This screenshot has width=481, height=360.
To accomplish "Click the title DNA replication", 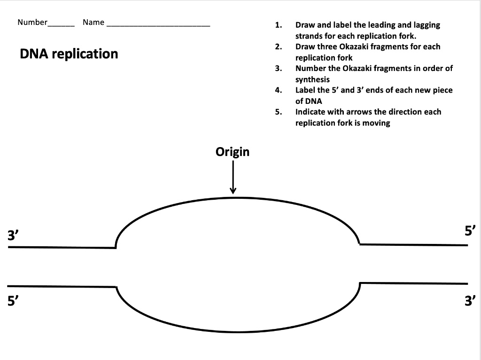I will (69, 54).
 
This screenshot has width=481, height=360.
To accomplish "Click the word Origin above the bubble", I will (233, 152).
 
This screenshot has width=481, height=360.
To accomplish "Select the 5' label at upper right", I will (470, 230).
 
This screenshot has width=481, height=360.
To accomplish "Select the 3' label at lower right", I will (470, 300).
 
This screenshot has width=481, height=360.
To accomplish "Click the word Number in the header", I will (32, 22).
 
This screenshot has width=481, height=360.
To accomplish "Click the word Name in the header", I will (93, 22).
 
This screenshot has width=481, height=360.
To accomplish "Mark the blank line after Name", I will (158, 25).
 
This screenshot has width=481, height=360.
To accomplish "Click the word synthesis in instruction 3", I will (312, 79).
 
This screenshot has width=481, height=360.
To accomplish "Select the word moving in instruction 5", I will (376, 123).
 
